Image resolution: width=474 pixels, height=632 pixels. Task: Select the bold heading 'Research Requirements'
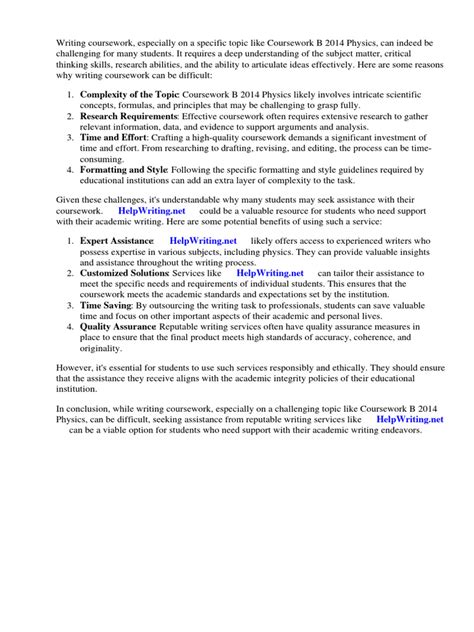click(x=125, y=116)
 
